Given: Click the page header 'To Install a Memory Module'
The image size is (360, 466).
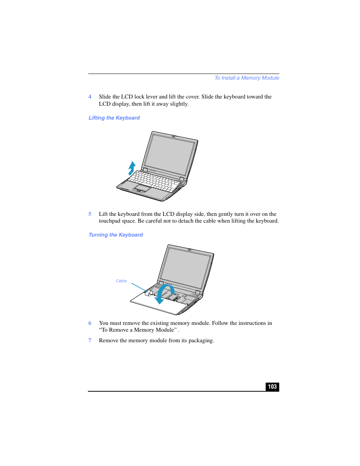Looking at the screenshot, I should [x=246, y=78].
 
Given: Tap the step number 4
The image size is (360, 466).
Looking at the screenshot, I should [x=90, y=97].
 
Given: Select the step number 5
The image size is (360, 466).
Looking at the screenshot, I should [x=90, y=214].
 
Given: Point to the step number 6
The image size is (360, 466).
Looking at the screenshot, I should [x=90, y=323].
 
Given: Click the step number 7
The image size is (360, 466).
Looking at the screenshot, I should [x=90, y=340].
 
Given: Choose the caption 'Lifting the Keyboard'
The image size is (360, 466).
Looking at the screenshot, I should [x=114, y=118].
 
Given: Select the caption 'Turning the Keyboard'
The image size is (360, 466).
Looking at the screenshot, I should [x=115, y=235].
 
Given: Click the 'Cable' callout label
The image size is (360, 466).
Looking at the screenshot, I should [x=121, y=281].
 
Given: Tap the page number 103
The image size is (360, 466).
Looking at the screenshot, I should [x=272, y=387].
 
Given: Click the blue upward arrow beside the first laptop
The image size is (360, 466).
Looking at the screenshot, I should [x=132, y=168].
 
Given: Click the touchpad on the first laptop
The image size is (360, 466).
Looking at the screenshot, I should [x=143, y=188].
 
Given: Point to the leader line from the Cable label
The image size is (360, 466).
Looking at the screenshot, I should [x=138, y=287].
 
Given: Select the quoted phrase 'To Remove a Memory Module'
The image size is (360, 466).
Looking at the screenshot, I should [x=138, y=330].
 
